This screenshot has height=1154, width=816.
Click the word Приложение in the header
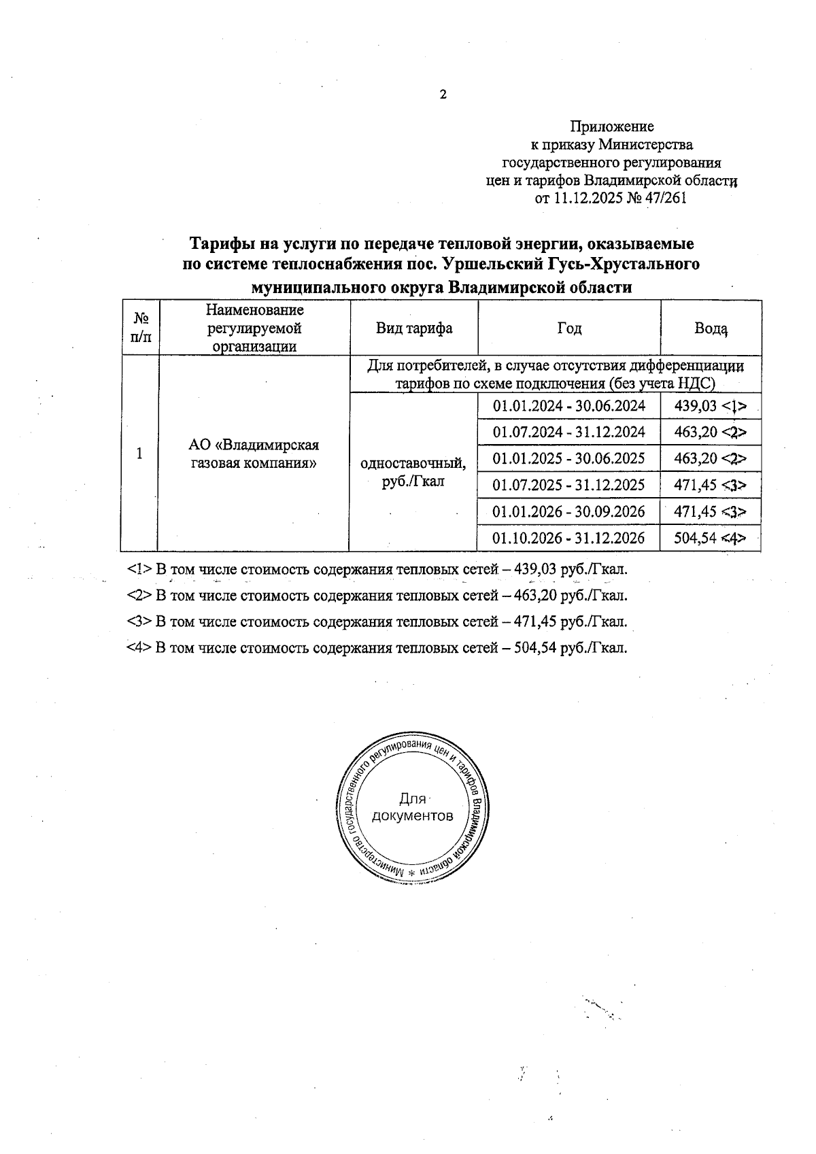[611, 126]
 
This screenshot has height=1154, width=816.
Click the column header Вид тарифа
[414, 328]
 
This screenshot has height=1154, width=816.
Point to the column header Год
[569, 328]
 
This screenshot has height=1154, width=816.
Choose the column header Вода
[711, 328]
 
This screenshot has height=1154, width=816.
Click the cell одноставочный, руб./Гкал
[413, 472]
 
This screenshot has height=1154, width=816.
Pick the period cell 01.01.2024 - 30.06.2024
[568, 406]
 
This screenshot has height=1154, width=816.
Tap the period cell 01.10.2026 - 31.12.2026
[568, 539]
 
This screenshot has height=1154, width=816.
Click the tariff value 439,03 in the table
[695, 406]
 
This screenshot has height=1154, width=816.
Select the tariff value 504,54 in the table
[695, 539]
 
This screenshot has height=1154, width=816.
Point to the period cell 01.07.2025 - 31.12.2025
[568, 485]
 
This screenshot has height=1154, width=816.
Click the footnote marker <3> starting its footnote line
[139, 622]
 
